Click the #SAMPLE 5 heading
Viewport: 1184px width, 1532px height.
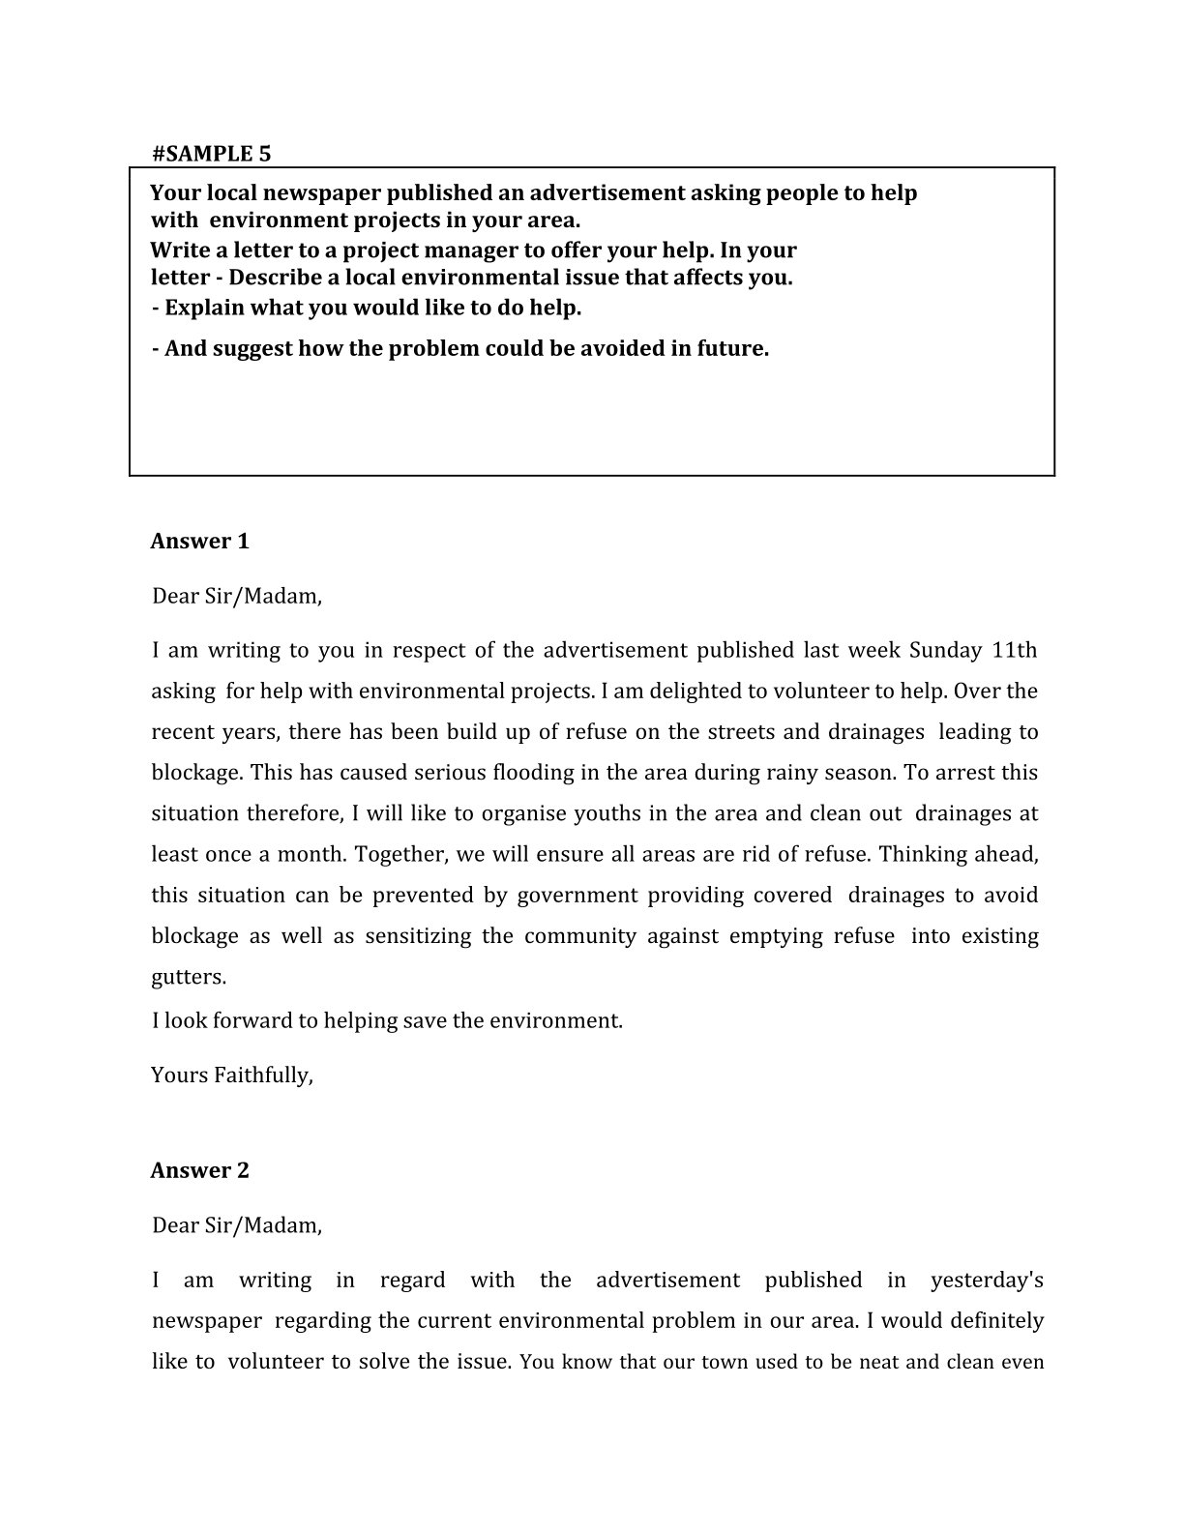(211, 153)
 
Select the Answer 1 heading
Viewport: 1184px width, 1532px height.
(199, 541)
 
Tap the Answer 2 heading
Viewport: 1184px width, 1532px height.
(199, 1170)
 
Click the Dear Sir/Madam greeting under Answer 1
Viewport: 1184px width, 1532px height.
(236, 596)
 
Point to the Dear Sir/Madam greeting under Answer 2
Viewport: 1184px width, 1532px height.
(236, 1225)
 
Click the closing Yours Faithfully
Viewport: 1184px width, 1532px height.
(232, 1075)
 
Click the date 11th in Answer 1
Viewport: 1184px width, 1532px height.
(1015, 650)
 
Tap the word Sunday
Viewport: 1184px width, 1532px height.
(945, 650)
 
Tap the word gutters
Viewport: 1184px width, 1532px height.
(188, 978)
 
